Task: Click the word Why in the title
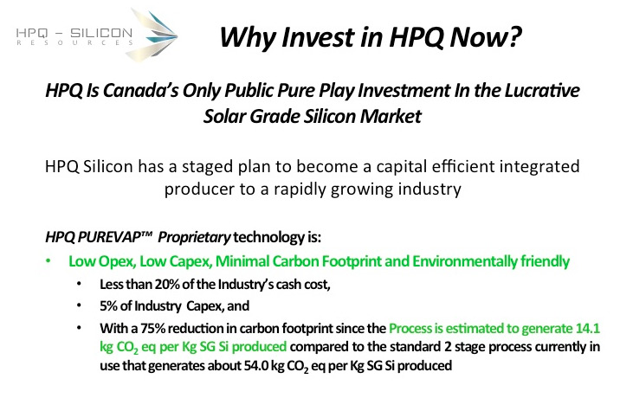(x=247, y=37)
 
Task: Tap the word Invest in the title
(x=319, y=36)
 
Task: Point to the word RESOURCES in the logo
(x=74, y=42)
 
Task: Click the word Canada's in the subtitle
(x=141, y=91)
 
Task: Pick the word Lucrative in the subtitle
(x=542, y=91)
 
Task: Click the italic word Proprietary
(x=194, y=238)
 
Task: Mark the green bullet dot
(x=48, y=260)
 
